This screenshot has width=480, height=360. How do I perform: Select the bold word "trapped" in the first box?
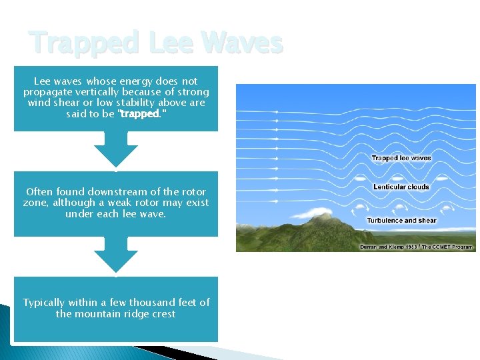click(x=139, y=114)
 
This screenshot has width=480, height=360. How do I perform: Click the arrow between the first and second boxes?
click(x=116, y=149)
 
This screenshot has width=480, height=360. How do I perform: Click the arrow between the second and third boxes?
click(x=116, y=255)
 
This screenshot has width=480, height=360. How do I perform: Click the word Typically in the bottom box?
click(x=47, y=302)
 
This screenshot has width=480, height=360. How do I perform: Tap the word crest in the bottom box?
click(x=163, y=313)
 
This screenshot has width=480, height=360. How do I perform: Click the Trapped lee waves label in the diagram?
click(x=401, y=158)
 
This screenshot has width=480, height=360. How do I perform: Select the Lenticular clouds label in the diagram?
click(x=401, y=187)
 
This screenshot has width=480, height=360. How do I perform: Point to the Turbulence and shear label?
click(x=401, y=220)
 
